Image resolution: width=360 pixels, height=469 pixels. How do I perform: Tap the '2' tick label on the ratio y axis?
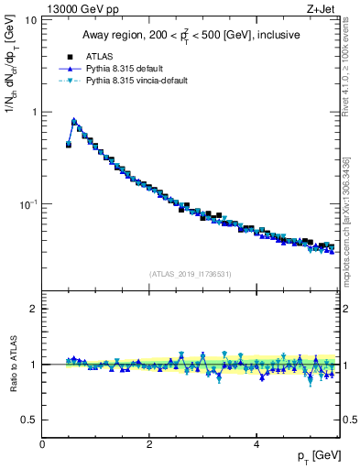click(33, 309)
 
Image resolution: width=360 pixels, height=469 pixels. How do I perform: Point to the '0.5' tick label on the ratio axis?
click(29, 420)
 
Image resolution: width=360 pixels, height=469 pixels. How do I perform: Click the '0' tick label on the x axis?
click(42, 443)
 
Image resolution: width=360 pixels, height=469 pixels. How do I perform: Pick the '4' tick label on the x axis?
click(256, 443)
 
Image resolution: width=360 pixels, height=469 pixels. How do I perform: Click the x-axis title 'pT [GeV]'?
click(320, 455)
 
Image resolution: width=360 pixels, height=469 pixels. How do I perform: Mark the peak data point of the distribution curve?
click(73, 120)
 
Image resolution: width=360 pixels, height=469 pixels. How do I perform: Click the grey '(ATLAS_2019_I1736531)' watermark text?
click(191, 273)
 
